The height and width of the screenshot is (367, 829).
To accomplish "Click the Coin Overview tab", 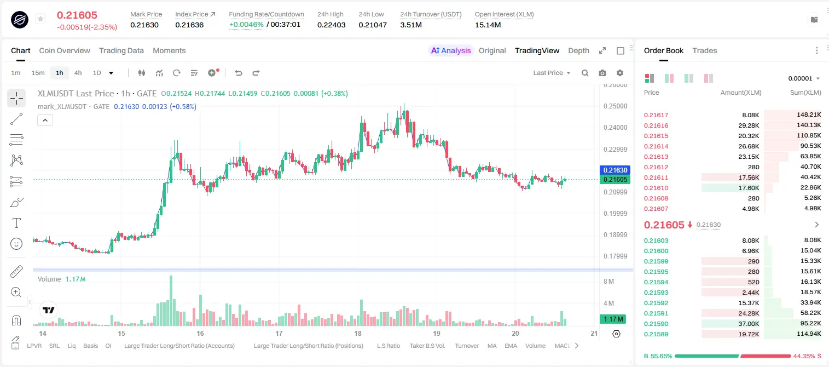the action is (65, 50).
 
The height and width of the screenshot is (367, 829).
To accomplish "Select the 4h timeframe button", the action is (78, 73).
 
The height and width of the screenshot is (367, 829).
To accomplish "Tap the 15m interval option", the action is (38, 73).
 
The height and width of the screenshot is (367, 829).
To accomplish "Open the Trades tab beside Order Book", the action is (705, 50).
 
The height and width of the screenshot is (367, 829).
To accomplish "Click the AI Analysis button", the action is (451, 50).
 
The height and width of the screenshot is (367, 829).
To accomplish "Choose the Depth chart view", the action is (578, 50).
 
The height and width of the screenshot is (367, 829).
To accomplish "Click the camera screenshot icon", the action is (602, 73).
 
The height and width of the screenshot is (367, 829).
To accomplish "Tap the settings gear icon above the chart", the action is (620, 73).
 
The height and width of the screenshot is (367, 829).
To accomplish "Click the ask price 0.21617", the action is (656, 115).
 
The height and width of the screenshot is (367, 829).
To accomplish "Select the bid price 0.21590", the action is (656, 324).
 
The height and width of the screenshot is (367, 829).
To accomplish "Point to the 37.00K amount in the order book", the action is (749, 324).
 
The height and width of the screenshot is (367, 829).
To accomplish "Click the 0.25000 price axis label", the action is (615, 106).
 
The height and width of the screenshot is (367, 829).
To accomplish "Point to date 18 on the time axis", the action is (357, 333).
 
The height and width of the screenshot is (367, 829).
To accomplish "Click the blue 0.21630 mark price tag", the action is (615, 170).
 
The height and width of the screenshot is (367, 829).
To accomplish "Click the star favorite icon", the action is (40, 19).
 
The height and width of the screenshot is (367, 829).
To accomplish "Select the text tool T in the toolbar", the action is (16, 223).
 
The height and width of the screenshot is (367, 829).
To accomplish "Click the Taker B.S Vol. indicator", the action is (427, 346).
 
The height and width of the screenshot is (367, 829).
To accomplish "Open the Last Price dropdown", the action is (552, 73).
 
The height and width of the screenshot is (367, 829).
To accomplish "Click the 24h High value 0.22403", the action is (331, 25).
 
